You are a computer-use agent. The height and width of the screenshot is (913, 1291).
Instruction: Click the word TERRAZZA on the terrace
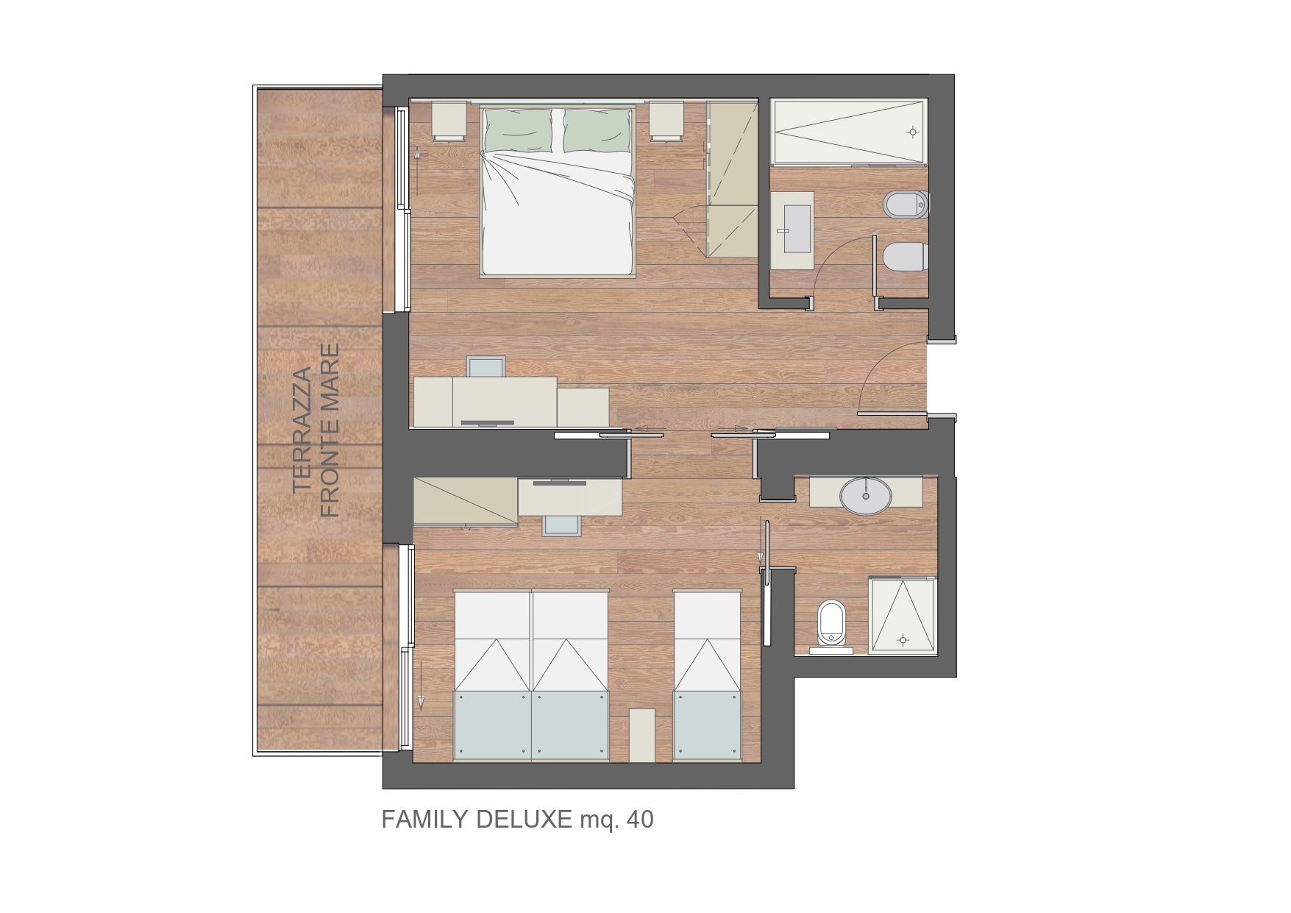pos(302,430)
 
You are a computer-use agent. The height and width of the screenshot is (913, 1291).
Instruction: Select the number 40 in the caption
pos(639,819)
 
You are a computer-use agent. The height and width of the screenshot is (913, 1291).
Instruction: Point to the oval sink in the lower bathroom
pos(866,496)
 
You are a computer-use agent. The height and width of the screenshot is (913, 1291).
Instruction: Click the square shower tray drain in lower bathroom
pos(903,640)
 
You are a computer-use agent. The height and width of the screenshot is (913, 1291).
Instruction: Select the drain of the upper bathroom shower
pos(912,132)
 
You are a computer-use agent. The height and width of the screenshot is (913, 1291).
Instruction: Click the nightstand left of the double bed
pos(449,121)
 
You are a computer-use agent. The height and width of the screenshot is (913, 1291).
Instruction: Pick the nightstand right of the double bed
pos(666,121)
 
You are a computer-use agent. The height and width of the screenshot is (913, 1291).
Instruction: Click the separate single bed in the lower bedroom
pos(707,676)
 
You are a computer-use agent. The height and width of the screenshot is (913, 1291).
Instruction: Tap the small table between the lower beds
pos(641,735)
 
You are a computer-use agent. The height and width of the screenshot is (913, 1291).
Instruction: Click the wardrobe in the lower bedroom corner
pos(465,501)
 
